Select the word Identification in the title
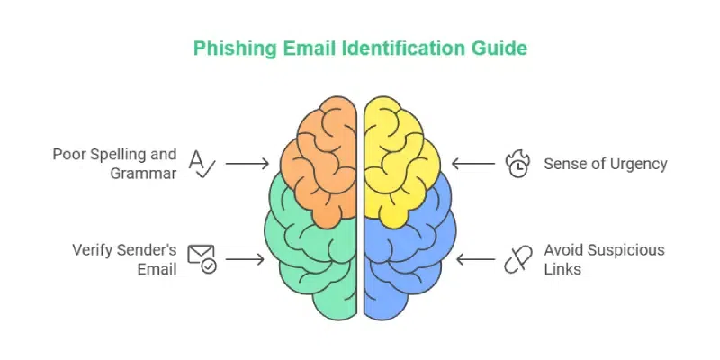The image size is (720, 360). [x=406, y=48]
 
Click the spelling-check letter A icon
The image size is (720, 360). [x=202, y=164]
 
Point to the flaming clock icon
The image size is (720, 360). [x=517, y=165]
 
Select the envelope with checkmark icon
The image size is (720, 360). [x=202, y=259]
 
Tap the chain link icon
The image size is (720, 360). [x=518, y=259]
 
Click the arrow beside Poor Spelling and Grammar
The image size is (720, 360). [x=247, y=164]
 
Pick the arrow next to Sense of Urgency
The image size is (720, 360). [x=473, y=164]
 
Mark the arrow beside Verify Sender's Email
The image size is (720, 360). [x=245, y=259]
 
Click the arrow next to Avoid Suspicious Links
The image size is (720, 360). [x=476, y=259]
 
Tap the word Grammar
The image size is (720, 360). [x=143, y=174]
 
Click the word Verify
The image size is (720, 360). [x=92, y=250]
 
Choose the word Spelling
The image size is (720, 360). [x=114, y=155]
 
